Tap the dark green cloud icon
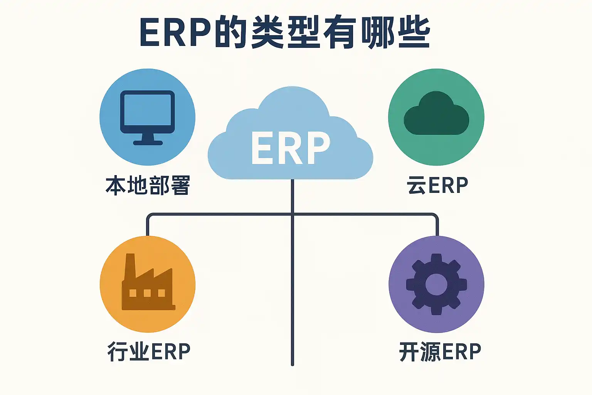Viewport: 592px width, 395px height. [x=436, y=115]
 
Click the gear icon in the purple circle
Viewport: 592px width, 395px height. [x=436, y=284]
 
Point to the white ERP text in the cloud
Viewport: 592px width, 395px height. [x=291, y=148]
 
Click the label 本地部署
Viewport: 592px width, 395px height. [x=148, y=186]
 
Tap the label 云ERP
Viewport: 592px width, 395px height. [x=437, y=186]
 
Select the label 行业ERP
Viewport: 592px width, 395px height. [x=149, y=351]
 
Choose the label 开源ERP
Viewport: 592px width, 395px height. [x=440, y=351]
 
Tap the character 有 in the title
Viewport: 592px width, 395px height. [x=339, y=33]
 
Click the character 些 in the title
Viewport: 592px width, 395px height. [x=413, y=33]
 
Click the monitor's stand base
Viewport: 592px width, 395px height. [x=148, y=142]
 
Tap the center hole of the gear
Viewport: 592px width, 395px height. [x=436, y=284]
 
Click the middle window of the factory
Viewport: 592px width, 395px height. [x=147, y=293]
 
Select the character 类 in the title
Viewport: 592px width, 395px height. [x=267, y=33]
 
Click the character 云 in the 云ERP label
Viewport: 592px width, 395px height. [x=416, y=186]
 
